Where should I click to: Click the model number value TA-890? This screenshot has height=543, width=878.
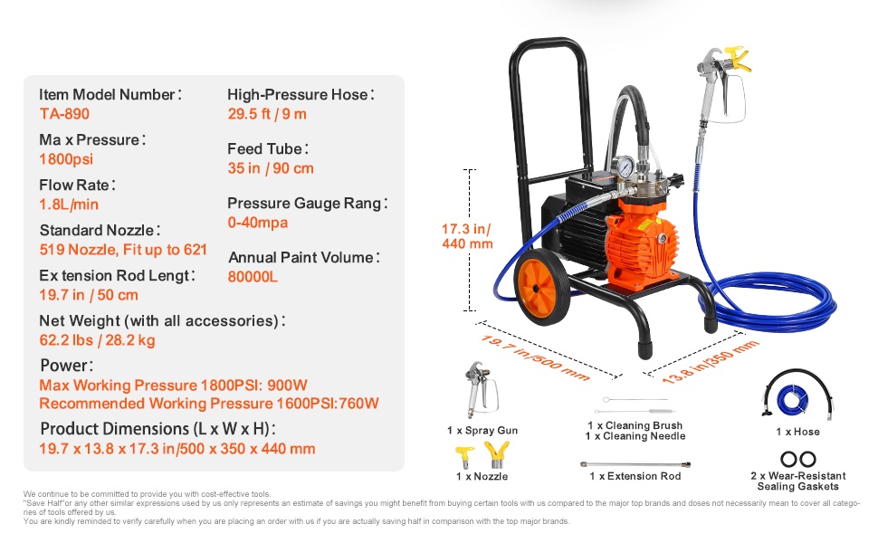(64, 114)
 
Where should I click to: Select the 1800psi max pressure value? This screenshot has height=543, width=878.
(66, 159)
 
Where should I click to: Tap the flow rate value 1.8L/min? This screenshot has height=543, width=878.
(69, 205)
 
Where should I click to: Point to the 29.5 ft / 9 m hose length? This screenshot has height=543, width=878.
(267, 114)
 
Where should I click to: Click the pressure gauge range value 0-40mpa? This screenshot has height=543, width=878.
(258, 223)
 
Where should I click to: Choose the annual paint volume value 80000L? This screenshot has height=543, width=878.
(253, 277)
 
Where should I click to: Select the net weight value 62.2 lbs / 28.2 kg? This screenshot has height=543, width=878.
(98, 339)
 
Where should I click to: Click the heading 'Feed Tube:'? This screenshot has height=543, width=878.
(268, 149)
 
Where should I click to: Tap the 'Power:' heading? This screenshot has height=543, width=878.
(67, 366)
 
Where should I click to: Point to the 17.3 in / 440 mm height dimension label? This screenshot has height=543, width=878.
(467, 236)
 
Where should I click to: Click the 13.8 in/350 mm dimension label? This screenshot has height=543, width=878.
(710, 362)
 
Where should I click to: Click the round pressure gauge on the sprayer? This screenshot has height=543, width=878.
(624, 167)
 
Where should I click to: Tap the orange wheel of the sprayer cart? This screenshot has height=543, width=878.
(541, 287)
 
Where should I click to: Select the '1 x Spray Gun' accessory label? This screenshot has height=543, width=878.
(482, 430)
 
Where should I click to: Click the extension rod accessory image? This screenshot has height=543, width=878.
(635, 464)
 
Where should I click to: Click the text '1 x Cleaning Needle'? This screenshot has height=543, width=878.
(635, 436)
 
